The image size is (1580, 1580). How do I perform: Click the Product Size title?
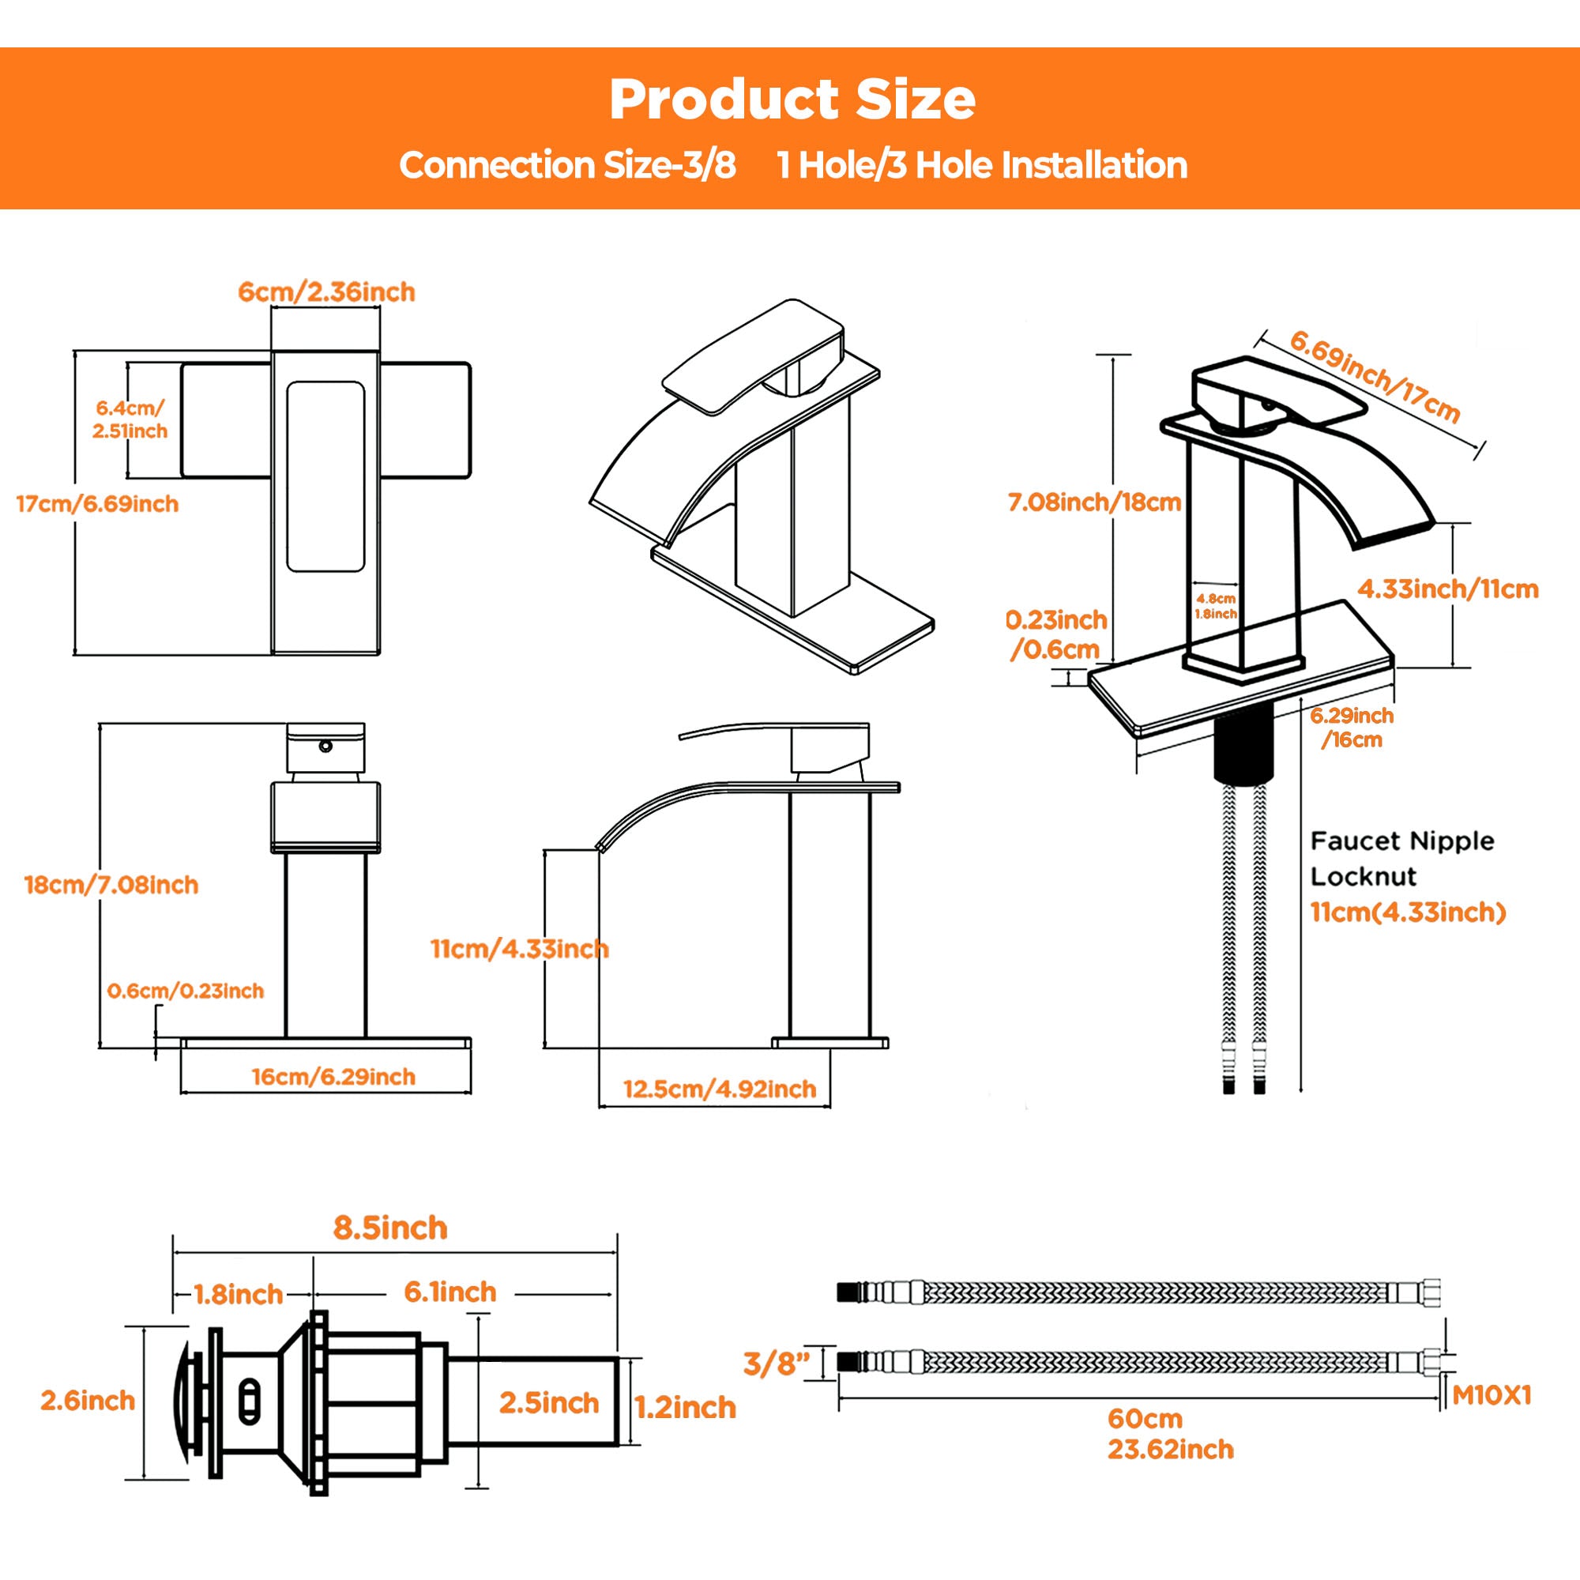point(792,100)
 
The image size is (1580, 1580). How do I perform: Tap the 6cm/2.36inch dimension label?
point(326,292)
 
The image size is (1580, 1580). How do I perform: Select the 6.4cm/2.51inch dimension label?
point(130,419)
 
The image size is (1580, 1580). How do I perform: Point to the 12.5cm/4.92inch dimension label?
point(720,1089)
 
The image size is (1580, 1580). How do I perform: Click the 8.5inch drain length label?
point(390,1228)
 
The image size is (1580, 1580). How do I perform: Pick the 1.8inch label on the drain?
point(238,1295)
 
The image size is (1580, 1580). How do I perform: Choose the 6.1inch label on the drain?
point(450,1292)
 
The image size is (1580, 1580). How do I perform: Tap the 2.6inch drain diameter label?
point(88,1400)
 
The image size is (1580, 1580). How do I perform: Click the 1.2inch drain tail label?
point(685,1408)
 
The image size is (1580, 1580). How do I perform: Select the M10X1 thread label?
point(1492,1395)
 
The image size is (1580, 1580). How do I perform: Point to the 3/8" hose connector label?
point(776,1364)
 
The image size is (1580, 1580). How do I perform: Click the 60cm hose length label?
point(1145,1418)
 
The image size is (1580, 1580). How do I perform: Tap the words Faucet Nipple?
point(1401,841)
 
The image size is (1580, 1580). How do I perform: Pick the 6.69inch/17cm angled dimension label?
point(1375,375)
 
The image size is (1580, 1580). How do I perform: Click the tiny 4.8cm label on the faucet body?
point(1216,599)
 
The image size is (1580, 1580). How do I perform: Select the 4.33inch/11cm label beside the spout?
point(1447,589)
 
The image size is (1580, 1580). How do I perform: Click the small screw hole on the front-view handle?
point(326,746)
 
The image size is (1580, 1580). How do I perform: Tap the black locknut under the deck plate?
point(1243,747)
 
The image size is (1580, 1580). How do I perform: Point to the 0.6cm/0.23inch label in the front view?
point(186,991)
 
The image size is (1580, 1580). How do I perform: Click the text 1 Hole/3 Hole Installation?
point(982,165)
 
